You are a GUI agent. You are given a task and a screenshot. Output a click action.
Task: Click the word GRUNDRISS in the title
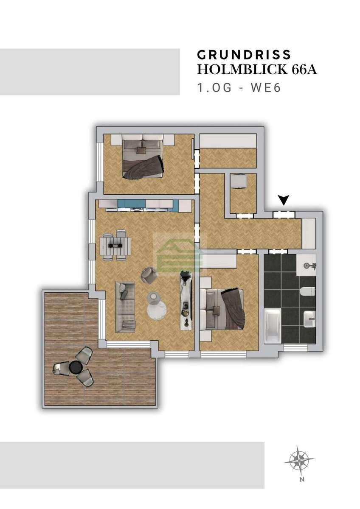click(x=244, y=55)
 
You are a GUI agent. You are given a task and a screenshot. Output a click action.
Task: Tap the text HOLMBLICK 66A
click(x=257, y=69)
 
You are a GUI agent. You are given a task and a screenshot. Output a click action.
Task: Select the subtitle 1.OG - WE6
click(x=239, y=88)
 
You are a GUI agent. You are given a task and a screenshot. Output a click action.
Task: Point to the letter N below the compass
click(x=302, y=480)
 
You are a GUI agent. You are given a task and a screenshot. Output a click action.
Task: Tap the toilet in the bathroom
click(x=308, y=291)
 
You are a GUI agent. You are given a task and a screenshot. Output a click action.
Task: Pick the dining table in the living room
click(x=115, y=245)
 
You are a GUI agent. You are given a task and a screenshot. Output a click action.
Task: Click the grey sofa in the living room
click(x=125, y=308)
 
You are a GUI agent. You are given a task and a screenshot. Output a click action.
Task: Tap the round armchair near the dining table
click(x=149, y=274)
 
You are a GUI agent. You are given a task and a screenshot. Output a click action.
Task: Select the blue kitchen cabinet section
click(x=132, y=205)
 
